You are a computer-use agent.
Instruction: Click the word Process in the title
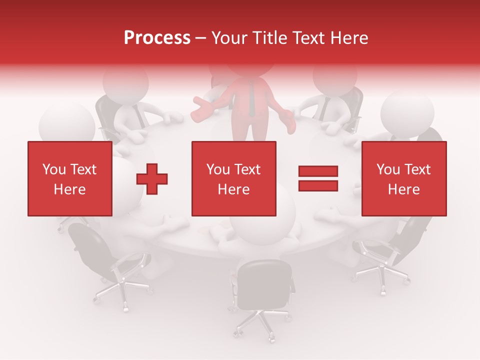[157, 38]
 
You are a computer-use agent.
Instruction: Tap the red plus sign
[152, 178]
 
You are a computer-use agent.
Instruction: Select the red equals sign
[318, 178]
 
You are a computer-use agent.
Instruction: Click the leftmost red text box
[69, 178]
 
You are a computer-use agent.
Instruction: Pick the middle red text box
[233, 178]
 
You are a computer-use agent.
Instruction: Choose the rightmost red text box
[403, 178]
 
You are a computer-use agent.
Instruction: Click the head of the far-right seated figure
[407, 112]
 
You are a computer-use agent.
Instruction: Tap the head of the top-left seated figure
[125, 82]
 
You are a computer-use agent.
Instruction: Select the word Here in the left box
[69, 189]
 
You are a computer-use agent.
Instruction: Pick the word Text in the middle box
[247, 169]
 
